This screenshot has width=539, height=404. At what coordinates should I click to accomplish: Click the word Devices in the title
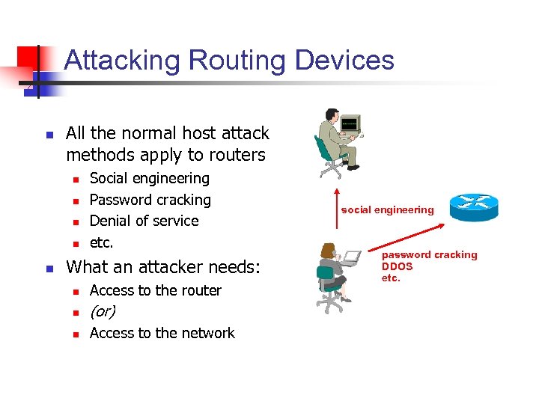[344, 60]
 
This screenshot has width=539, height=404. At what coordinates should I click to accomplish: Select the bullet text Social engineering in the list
[149, 178]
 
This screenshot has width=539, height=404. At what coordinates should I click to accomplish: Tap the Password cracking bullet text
[150, 200]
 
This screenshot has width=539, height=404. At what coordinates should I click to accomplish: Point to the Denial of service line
[144, 221]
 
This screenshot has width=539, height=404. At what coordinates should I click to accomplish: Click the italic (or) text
[102, 311]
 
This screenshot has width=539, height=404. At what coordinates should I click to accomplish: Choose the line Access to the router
[155, 290]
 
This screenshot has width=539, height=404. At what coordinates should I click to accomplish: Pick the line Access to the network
[162, 333]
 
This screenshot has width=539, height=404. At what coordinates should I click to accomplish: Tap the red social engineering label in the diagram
[387, 210]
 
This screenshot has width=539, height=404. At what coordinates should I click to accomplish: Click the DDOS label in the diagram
[397, 266]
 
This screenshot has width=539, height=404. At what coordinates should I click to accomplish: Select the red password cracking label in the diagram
[429, 255]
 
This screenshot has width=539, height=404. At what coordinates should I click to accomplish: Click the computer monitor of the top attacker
[350, 123]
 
